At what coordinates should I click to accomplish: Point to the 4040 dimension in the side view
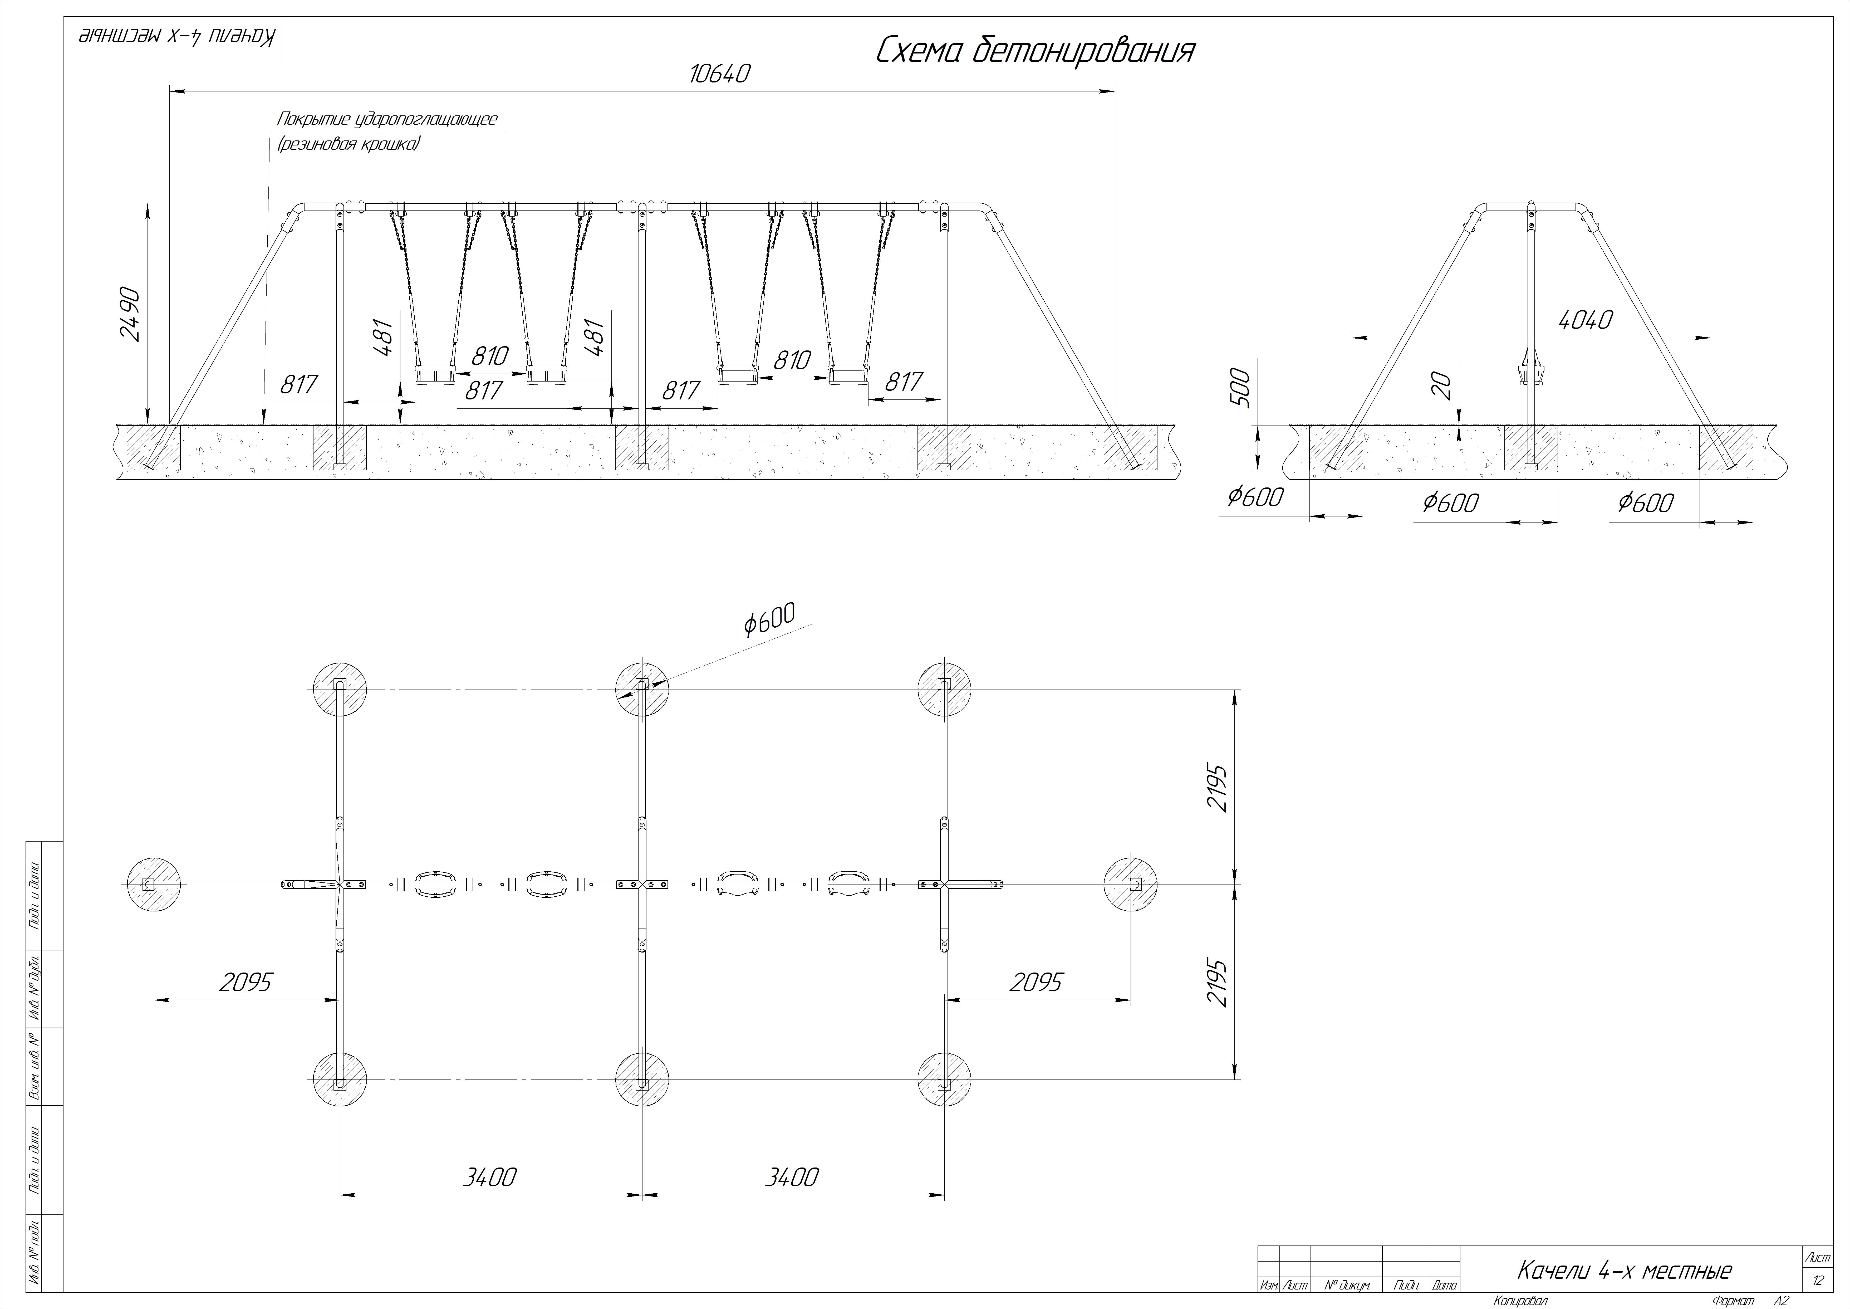pos(1586,320)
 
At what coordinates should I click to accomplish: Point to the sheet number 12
pos(1819,1281)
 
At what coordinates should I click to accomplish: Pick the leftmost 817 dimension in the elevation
pos(299,384)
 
